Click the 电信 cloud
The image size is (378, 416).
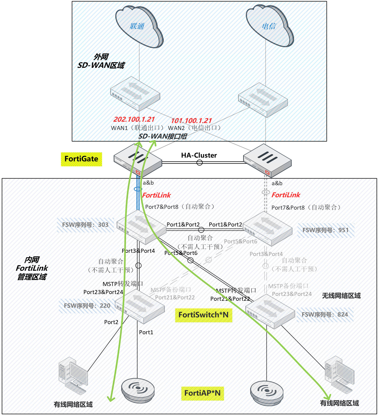pos(269,26)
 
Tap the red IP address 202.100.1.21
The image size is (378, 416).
pos(134,119)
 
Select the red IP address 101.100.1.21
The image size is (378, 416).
pos(191,121)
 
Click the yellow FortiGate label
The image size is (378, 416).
pos(81,159)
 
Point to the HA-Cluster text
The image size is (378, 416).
pos(199,155)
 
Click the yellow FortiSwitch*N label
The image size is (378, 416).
pos(203,315)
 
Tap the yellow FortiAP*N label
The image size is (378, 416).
pos(202,393)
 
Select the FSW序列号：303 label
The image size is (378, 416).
pos(85,225)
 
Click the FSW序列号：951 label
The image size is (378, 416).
pos(325,230)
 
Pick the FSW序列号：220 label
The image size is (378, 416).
pos(87,306)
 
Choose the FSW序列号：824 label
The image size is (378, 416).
pos(325,315)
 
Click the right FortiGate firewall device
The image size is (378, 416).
pos(267,160)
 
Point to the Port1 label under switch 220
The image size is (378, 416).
pos(146,332)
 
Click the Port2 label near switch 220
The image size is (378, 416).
pos(111,322)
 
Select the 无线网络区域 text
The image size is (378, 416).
pos(341,296)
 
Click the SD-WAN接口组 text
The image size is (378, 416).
pos(163,136)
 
